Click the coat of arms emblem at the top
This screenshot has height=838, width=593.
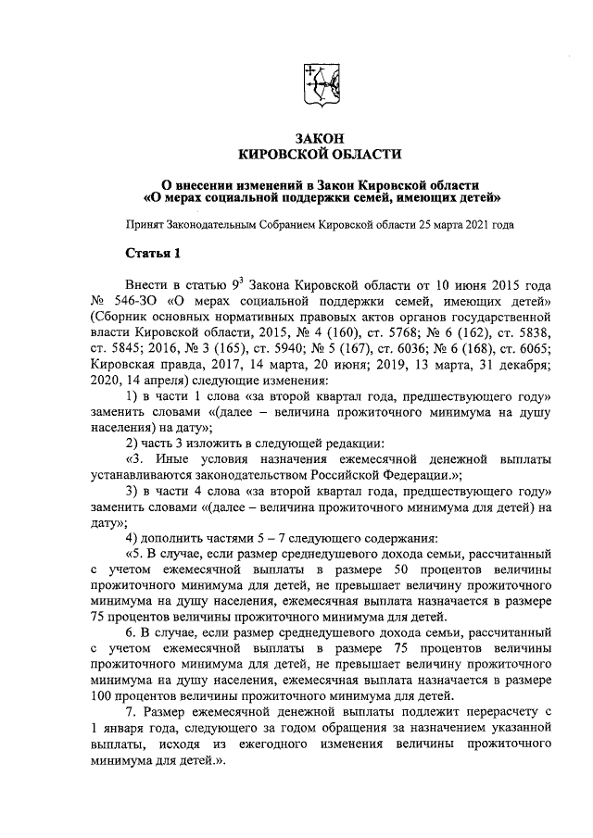coord(319,87)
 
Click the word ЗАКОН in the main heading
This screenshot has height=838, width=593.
coord(320,137)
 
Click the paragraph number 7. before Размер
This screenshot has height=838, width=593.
coord(132,710)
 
